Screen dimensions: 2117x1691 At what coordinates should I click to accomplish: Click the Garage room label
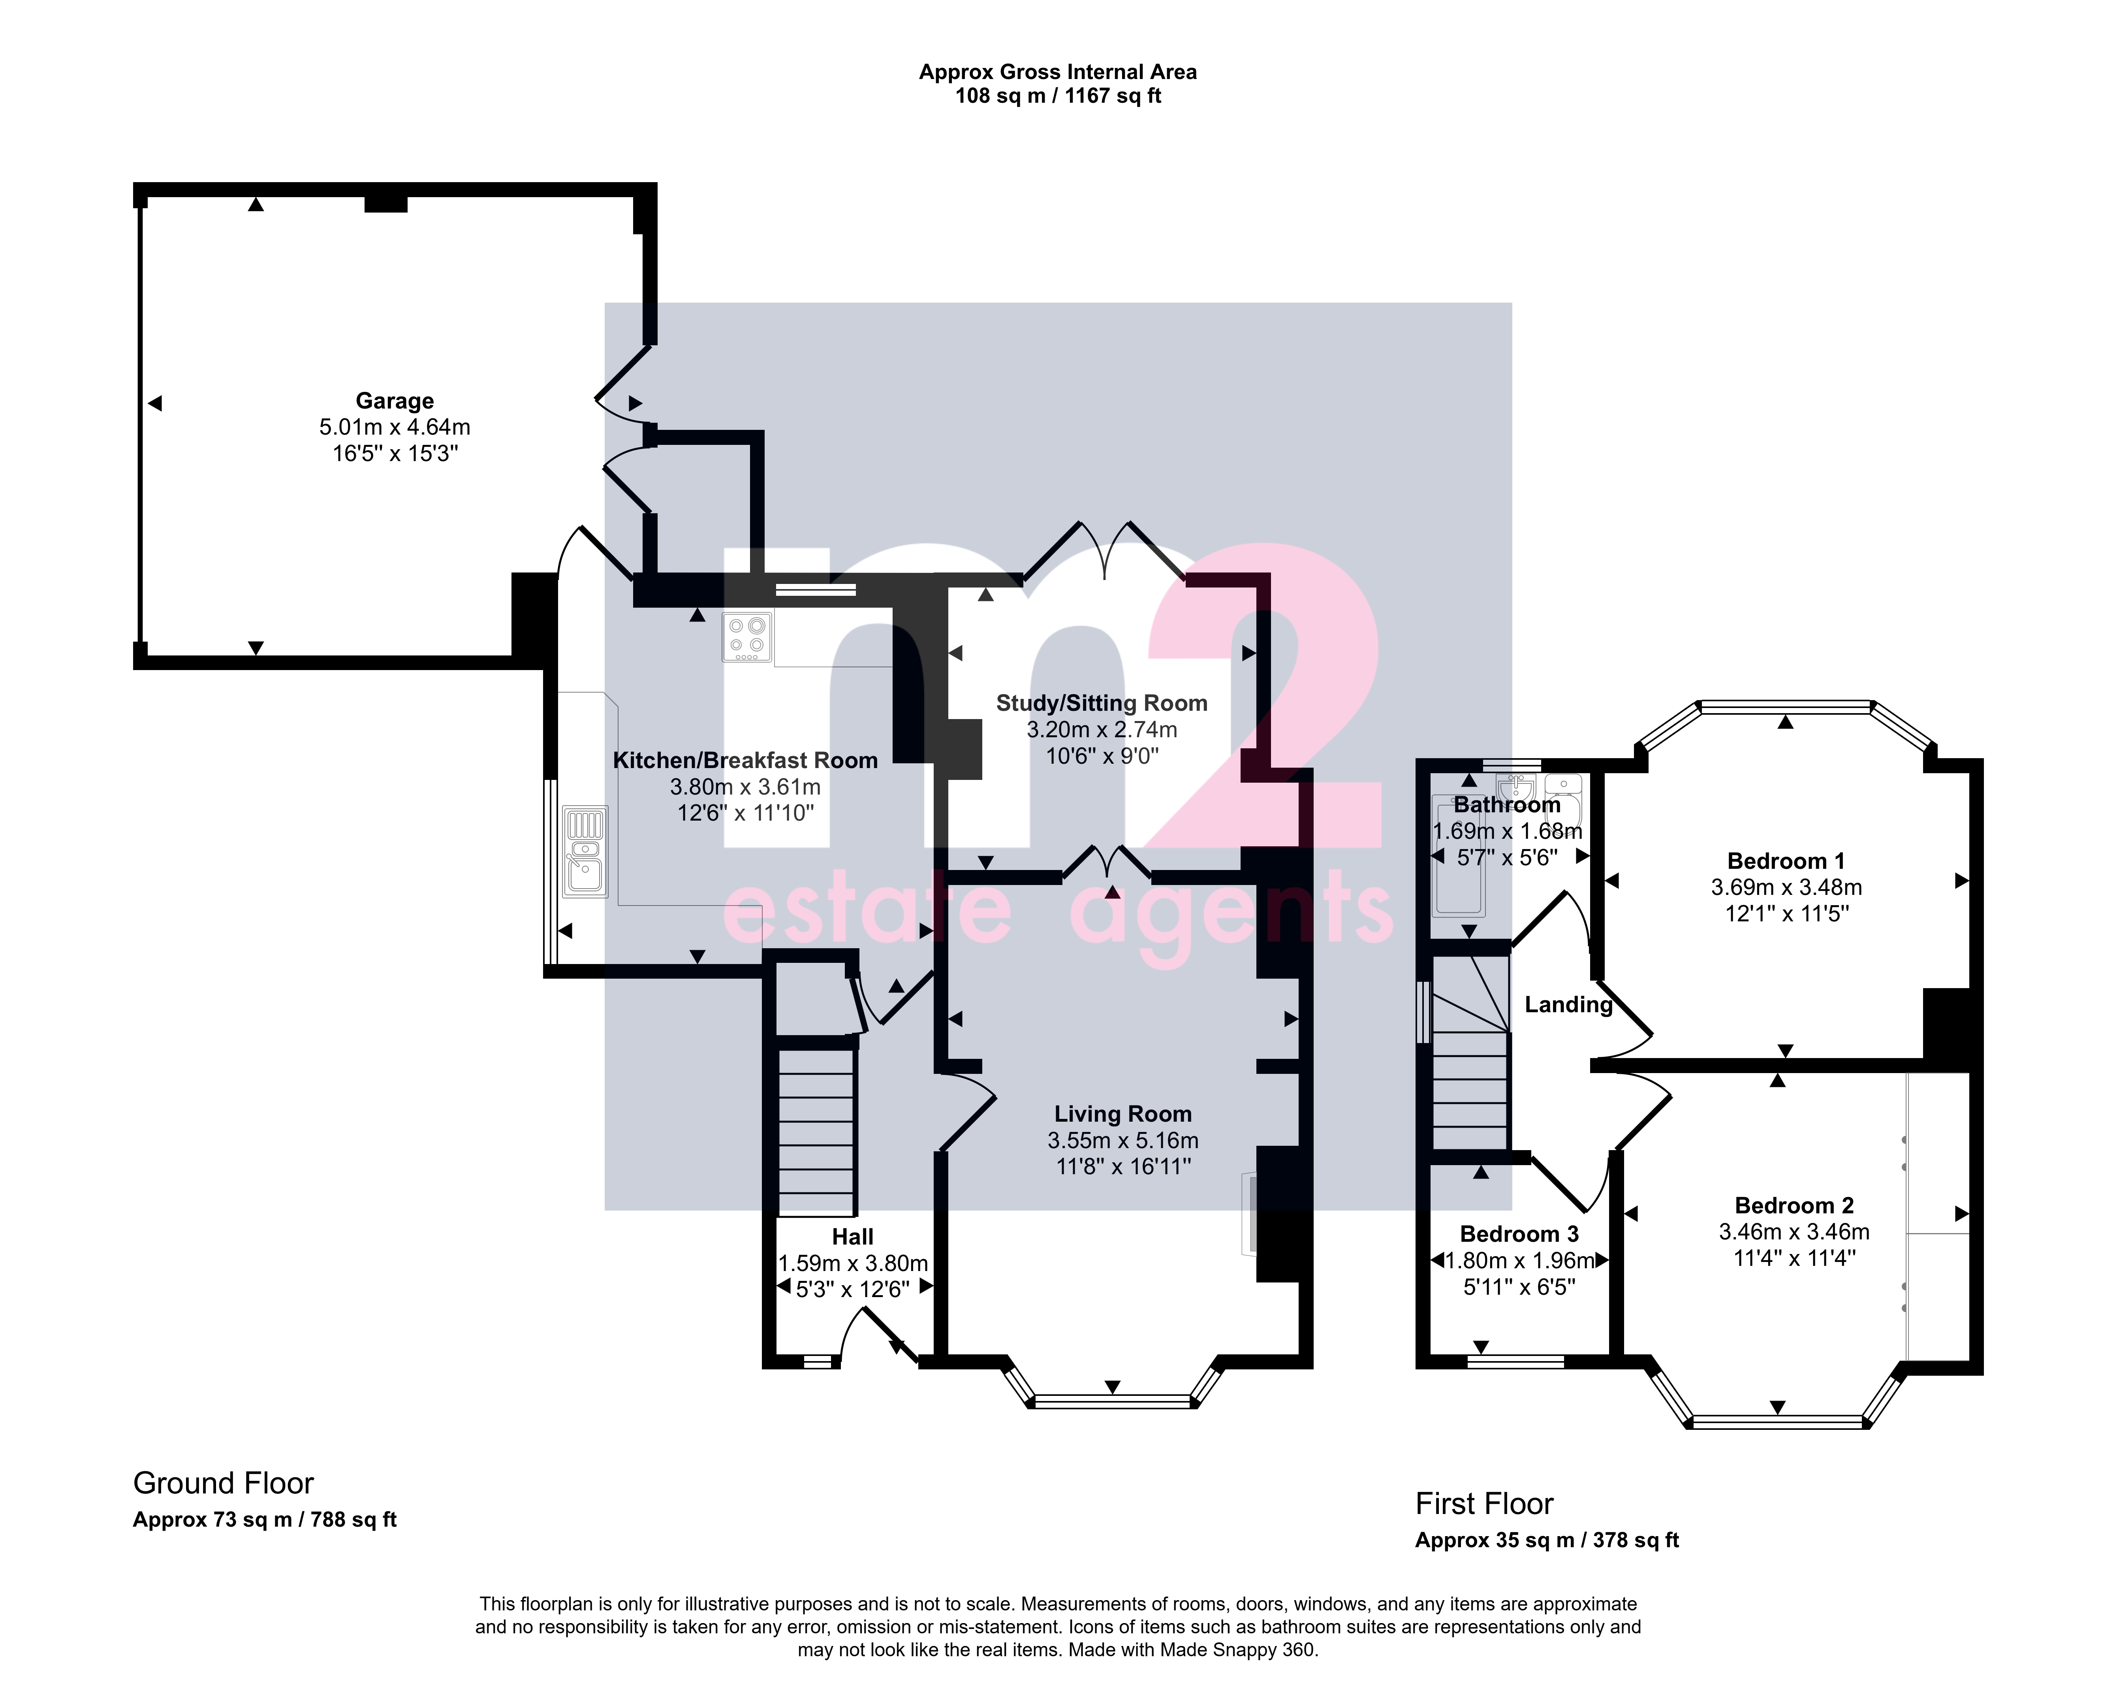pyautogui.click(x=395, y=401)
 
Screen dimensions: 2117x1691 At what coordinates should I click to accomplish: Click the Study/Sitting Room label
pyautogui.click(x=1102, y=703)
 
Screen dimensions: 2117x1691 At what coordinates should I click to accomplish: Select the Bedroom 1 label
pyautogui.click(x=1786, y=861)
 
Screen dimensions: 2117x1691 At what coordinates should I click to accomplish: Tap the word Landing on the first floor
pyautogui.click(x=1568, y=1005)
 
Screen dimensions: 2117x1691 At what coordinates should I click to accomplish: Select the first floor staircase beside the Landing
pyautogui.click(x=1470, y=1053)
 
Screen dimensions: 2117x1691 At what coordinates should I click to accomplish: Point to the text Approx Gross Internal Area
pyautogui.click(x=1058, y=72)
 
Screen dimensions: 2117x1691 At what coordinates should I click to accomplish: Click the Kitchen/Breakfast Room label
pyautogui.click(x=745, y=760)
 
